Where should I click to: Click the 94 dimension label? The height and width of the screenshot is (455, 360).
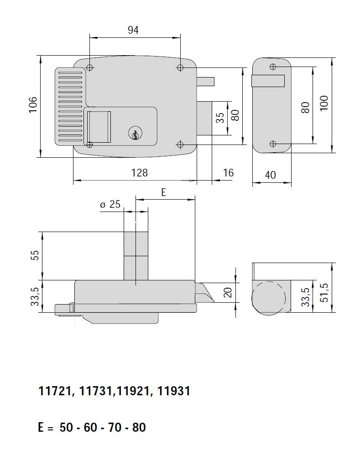[x=133, y=30]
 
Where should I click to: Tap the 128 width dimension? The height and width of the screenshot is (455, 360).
[x=140, y=173]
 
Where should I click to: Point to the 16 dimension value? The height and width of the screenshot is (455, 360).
[x=229, y=172]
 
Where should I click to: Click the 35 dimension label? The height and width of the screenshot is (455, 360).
[x=220, y=118]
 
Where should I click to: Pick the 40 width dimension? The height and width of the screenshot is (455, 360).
[x=271, y=175]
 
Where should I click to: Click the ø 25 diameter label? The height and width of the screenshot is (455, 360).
[x=110, y=205]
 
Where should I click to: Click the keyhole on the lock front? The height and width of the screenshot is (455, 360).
[x=135, y=134]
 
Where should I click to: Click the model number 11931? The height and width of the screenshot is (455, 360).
[x=173, y=391]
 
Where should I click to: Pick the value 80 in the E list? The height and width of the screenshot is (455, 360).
[x=139, y=428]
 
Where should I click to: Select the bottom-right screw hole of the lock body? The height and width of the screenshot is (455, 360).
[x=180, y=145]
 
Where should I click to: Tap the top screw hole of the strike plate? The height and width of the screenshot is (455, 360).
[x=273, y=67]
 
